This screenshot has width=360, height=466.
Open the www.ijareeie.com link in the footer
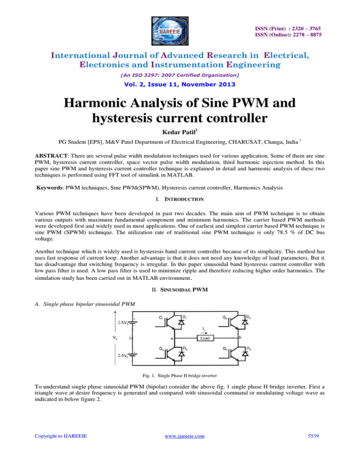(180, 454)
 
